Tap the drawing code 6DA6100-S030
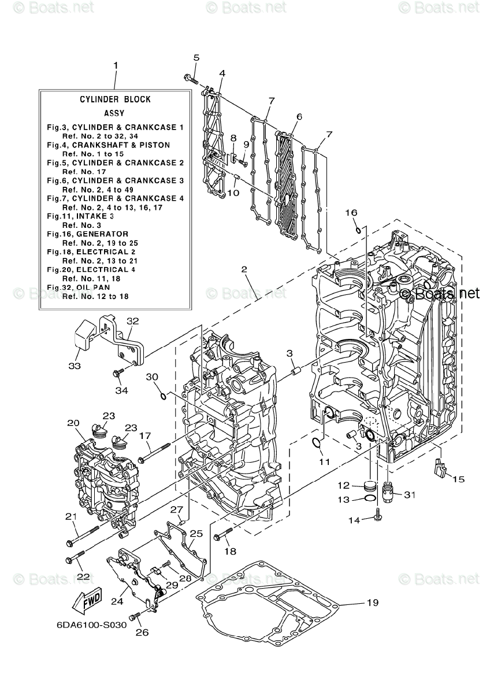click(91, 626)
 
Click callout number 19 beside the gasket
click(372, 603)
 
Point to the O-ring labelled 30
click(164, 396)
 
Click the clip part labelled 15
click(440, 466)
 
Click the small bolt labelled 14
click(377, 514)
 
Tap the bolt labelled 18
click(222, 535)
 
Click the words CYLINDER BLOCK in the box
click(115, 99)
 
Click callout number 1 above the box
click(115, 65)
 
